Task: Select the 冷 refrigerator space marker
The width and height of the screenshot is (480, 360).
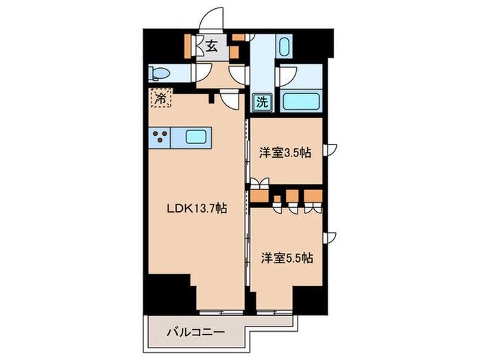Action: pos(160,99)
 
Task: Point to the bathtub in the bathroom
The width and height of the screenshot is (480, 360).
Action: pos(299,101)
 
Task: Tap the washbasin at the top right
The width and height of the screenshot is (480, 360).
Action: pos(285,47)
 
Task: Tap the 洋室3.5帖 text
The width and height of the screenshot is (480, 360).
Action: pos(285,152)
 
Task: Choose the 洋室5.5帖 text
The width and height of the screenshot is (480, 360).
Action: pos(287,259)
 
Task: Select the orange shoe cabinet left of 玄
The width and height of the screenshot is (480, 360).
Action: pos(189,46)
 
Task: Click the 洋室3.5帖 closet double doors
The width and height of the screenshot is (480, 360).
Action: pos(259,183)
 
